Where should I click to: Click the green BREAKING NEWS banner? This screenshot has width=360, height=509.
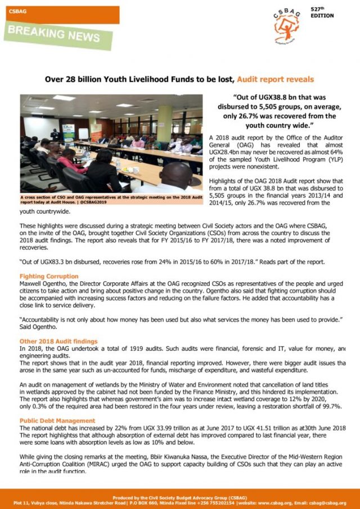pos(53,36)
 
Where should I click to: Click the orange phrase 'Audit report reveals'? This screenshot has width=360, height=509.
pos(275,79)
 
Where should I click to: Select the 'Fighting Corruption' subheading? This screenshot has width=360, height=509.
pos(49,276)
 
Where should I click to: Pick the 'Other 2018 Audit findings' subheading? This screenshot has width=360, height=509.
pos(58,341)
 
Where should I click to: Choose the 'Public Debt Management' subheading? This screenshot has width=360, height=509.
pos(57,421)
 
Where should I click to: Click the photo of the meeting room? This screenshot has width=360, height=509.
pos(111,143)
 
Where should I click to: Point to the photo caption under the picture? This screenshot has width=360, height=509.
pos(111,199)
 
